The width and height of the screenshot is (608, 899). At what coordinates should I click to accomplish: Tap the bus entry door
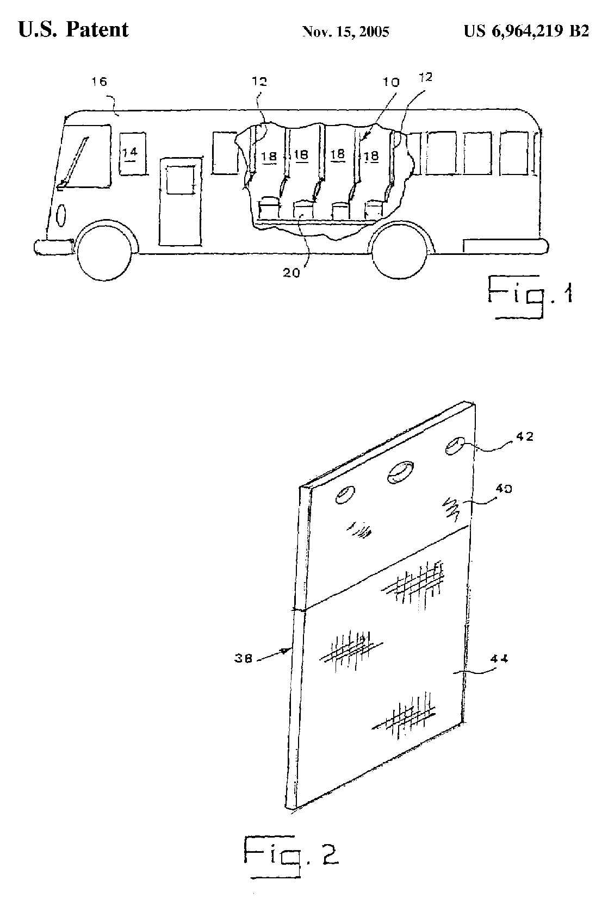pos(180,201)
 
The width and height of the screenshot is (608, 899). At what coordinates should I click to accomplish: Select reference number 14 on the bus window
pos(130,153)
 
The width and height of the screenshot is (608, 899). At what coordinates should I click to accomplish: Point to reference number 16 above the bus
pos(99,82)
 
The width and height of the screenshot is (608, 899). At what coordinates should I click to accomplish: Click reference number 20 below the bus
pos(291,273)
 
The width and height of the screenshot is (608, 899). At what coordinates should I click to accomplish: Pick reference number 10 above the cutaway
pos(390,82)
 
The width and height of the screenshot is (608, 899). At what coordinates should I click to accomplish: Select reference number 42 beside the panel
pos(523,436)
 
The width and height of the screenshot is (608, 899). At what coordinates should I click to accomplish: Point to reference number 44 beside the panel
pos(499,659)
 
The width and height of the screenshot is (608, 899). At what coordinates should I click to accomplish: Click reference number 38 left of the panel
pos(243,658)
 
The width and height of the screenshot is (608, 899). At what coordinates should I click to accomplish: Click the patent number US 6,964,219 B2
pos(526,32)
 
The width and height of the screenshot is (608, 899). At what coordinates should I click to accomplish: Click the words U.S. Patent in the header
pos(73,30)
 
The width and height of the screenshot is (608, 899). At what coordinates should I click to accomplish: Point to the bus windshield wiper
pos(75,162)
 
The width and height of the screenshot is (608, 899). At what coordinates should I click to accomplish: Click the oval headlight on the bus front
pos(61,215)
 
